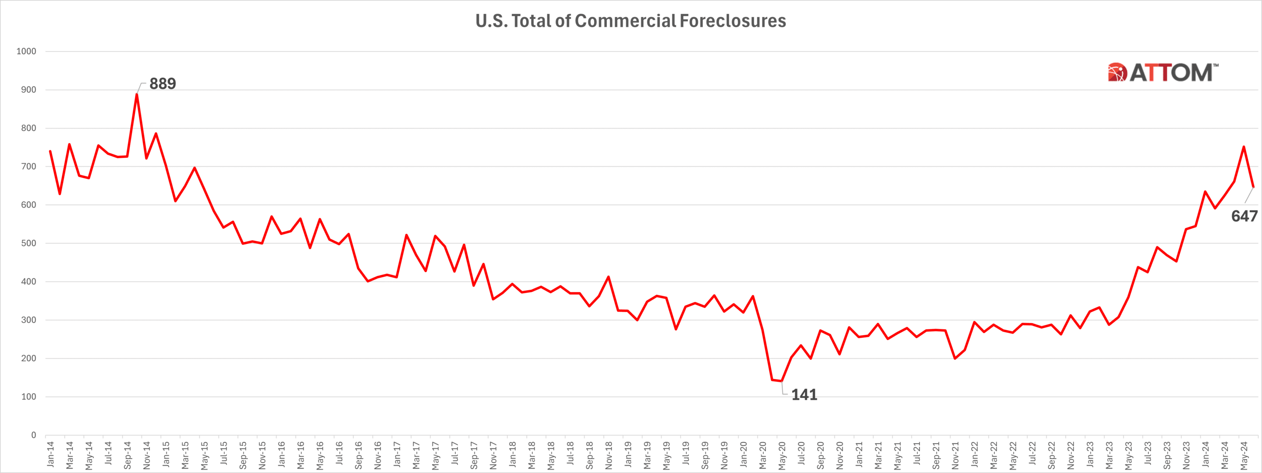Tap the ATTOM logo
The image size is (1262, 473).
(1162, 72)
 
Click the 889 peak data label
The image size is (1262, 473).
(163, 84)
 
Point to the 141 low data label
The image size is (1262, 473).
(804, 395)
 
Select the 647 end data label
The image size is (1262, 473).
(1244, 216)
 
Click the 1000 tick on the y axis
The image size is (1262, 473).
(26, 51)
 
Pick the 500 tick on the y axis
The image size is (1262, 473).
(28, 243)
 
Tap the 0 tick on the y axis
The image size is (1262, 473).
(33, 435)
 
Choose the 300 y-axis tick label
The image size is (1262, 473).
(28, 320)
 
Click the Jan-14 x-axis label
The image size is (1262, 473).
(50, 454)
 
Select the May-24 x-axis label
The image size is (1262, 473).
(1244, 454)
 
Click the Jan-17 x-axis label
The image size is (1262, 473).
(397, 454)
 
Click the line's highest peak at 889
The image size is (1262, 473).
(137, 94)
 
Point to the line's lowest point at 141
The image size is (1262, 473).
(781, 381)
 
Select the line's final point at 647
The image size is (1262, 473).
(1253, 187)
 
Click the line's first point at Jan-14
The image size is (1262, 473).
(50, 152)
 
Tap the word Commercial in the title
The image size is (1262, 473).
(626, 21)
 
